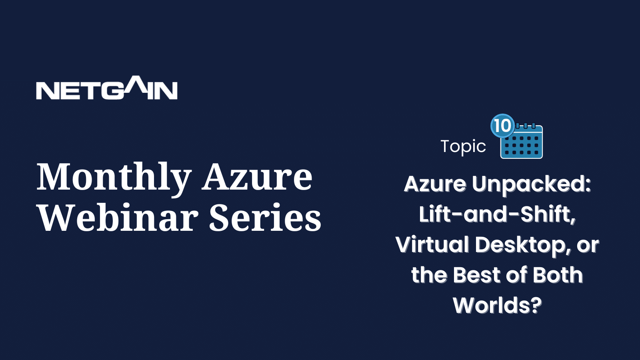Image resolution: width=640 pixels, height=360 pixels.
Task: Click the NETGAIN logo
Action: [x=106, y=88]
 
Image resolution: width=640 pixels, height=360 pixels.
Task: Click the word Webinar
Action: [x=118, y=217]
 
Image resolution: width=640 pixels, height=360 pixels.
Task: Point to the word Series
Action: [x=266, y=218]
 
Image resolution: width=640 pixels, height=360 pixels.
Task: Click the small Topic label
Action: [x=463, y=146]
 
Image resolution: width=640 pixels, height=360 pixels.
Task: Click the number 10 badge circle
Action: [x=502, y=126]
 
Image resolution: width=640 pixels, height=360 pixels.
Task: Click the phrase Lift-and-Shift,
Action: [x=498, y=214]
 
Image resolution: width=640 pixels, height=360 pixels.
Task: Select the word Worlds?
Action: [x=498, y=305]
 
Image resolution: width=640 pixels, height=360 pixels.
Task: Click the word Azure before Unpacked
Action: [x=435, y=184]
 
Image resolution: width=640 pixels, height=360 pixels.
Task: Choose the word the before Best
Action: [x=429, y=275]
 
